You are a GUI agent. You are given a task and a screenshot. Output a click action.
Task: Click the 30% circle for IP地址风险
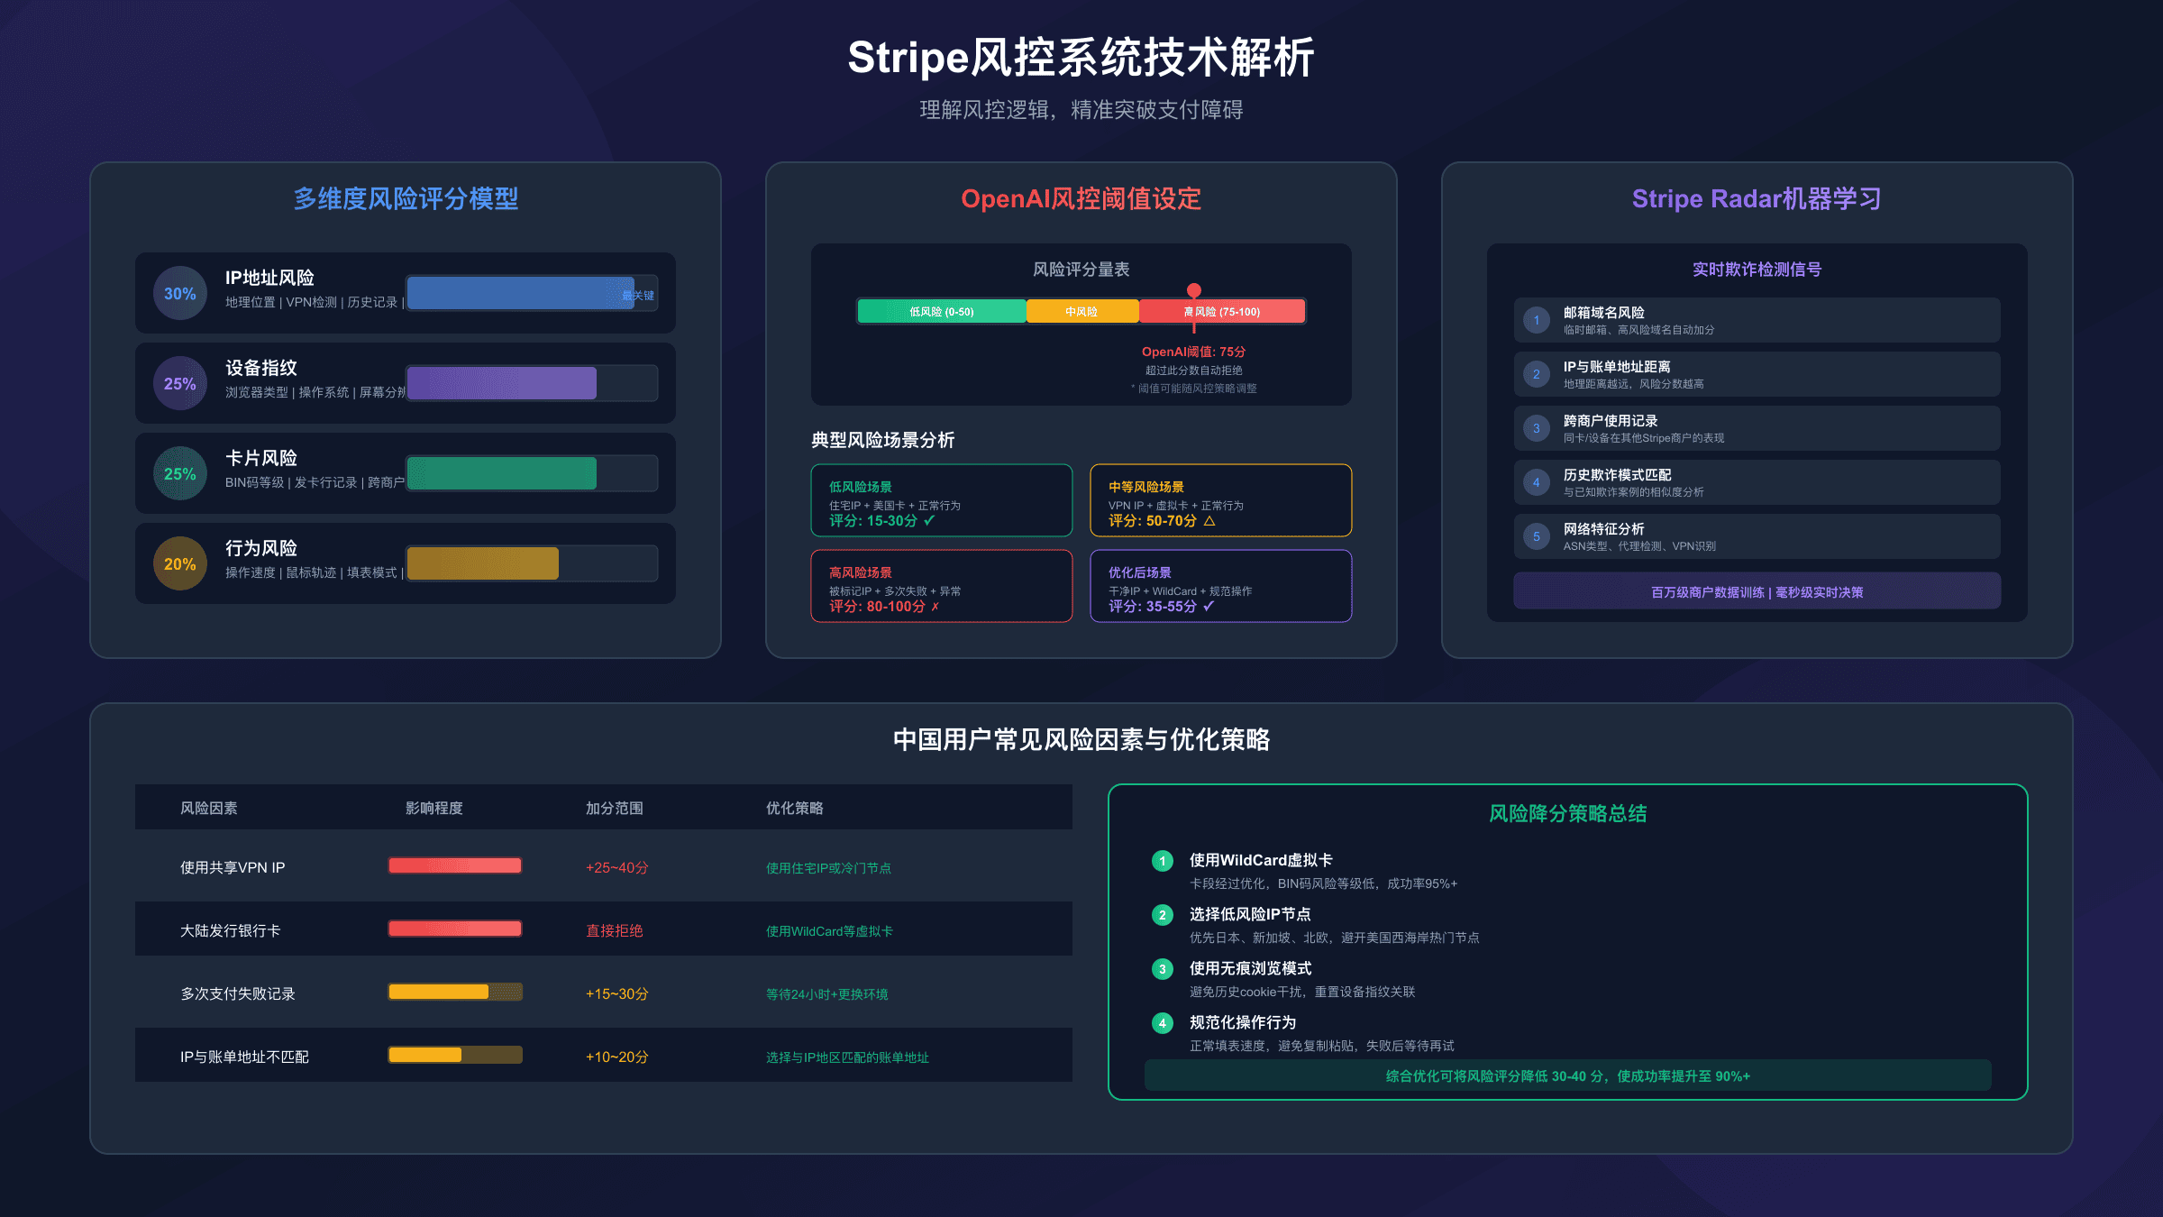[x=180, y=293]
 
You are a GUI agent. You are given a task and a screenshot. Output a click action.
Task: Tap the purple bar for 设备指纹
[x=502, y=383]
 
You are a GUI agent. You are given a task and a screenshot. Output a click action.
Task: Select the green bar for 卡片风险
[x=502, y=473]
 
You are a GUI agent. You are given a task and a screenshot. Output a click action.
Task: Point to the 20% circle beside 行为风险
[x=180, y=563]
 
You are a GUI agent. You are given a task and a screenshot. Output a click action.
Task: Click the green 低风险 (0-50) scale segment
[x=941, y=311]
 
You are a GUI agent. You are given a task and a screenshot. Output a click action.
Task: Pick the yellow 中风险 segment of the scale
[x=1081, y=311]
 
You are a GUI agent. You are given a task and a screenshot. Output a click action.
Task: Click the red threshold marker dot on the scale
[x=1194, y=290]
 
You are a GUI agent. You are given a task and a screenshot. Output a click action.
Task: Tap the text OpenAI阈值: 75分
[x=1193, y=352]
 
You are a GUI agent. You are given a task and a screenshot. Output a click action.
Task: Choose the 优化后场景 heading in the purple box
[x=1140, y=572]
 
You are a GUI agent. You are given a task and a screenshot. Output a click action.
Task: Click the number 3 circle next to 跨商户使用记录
[x=1537, y=428]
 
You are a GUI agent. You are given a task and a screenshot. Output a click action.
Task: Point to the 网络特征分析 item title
[x=1603, y=529]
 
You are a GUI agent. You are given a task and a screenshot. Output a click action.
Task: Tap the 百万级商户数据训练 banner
[x=1757, y=592]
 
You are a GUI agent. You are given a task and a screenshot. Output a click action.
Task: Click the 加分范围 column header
[x=615, y=808]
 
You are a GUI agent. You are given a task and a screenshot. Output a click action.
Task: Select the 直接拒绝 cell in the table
[x=615, y=930]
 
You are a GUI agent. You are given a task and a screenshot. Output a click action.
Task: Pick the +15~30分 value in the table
[x=617, y=993]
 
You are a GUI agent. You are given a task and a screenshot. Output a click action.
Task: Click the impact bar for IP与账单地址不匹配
[x=455, y=1055]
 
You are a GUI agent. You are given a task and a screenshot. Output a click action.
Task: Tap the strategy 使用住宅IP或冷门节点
[x=828, y=868]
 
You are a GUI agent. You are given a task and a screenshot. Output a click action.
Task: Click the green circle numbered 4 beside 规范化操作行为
[x=1163, y=1023]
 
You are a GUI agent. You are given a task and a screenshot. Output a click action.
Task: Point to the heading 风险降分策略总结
[x=1567, y=813]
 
